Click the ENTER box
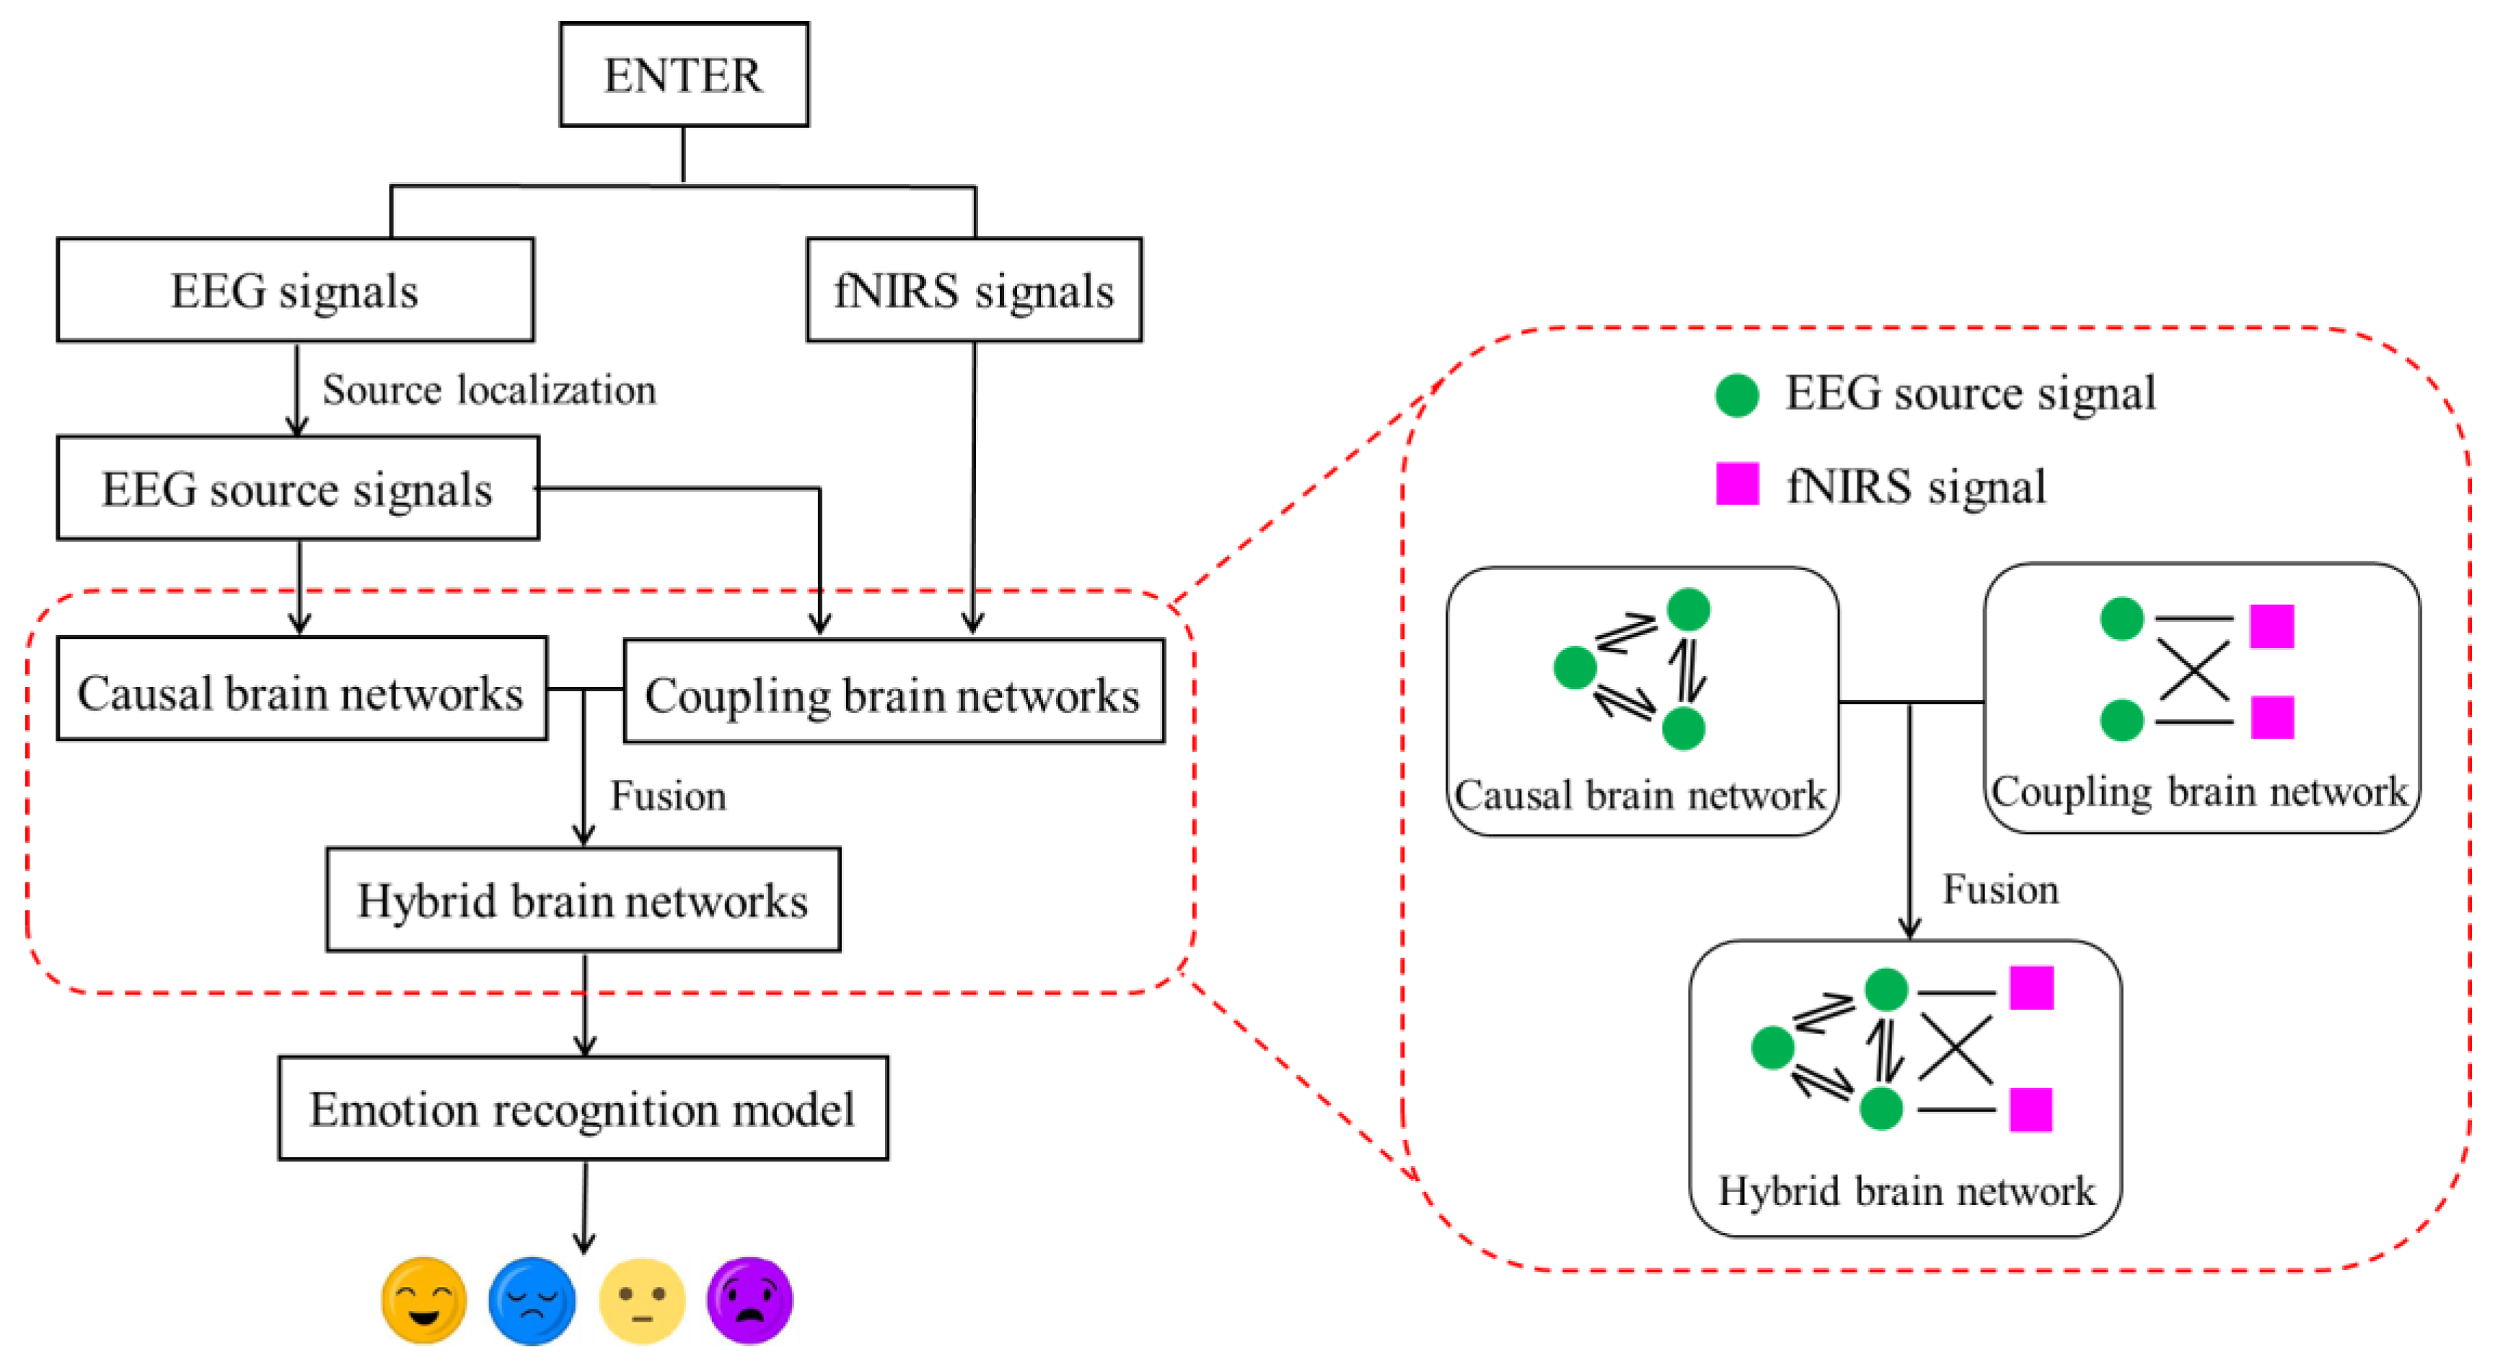click(x=684, y=75)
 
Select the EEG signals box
click(x=295, y=290)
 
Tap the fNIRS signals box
click(x=974, y=290)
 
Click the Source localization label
click(x=489, y=390)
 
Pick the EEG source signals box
click(x=298, y=488)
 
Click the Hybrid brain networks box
click(x=583, y=900)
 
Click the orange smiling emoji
click(x=423, y=1300)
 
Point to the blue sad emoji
click(x=532, y=1300)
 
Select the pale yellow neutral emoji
click(x=642, y=1300)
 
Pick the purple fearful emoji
click(x=749, y=1300)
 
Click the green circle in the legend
click(x=1737, y=395)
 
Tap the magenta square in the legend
click(x=1738, y=484)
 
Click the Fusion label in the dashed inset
click(x=2000, y=890)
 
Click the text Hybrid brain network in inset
click(x=1906, y=1191)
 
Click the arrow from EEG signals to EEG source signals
click(x=298, y=388)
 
